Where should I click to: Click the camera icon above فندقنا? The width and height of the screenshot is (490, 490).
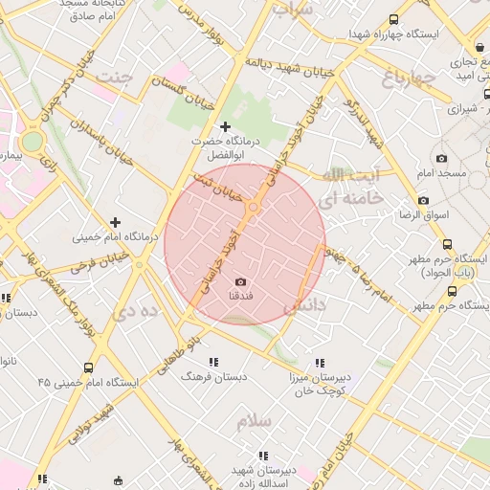(x=240, y=281)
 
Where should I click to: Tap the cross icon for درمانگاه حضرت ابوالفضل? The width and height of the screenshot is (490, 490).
(x=226, y=126)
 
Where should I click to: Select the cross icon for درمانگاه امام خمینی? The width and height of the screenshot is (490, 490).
(x=116, y=221)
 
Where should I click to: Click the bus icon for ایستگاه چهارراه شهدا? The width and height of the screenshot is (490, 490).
(x=394, y=20)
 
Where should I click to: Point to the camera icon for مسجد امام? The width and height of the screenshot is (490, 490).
(x=441, y=159)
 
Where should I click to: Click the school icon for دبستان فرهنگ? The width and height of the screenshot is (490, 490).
(x=213, y=362)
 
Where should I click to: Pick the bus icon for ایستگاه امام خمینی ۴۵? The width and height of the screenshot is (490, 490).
(x=89, y=367)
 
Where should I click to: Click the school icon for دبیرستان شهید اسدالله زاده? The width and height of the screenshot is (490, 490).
(x=262, y=457)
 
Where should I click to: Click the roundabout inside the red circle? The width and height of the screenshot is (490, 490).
(x=254, y=207)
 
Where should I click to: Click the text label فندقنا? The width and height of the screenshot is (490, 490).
(x=240, y=298)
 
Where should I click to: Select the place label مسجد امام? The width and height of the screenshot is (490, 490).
(x=440, y=174)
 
